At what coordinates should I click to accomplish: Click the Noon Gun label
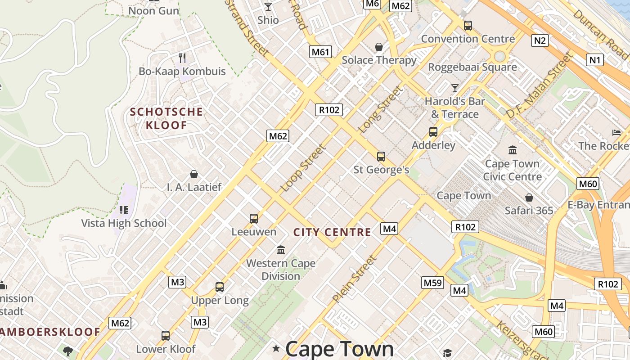[153, 10]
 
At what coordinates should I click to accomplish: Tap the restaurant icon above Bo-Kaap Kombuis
[182, 58]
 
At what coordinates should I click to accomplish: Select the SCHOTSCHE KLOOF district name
[166, 118]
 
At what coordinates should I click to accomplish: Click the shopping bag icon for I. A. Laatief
[194, 174]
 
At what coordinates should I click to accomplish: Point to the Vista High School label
[124, 223]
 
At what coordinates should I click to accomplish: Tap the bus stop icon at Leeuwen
[254, 219]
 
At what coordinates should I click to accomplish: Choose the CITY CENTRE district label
[332, 232]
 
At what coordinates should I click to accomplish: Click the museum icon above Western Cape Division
[281, 249]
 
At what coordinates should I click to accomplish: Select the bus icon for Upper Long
[220, 287]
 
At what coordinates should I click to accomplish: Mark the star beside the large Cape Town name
[276, 348]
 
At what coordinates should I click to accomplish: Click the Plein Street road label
[354, 279]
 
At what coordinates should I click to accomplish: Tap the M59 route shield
[433, 283]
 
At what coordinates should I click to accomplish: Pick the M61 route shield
[320, 52]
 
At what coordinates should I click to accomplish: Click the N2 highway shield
[540, 40]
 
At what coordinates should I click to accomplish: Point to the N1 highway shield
[594, 59]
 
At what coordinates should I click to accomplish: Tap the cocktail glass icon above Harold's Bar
[455, 88]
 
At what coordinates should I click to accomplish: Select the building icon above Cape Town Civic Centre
[512, 150]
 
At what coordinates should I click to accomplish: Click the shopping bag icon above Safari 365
[529, 198]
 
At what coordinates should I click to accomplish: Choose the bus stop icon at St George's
[381, 156]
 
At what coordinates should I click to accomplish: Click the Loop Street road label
[303, 167]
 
